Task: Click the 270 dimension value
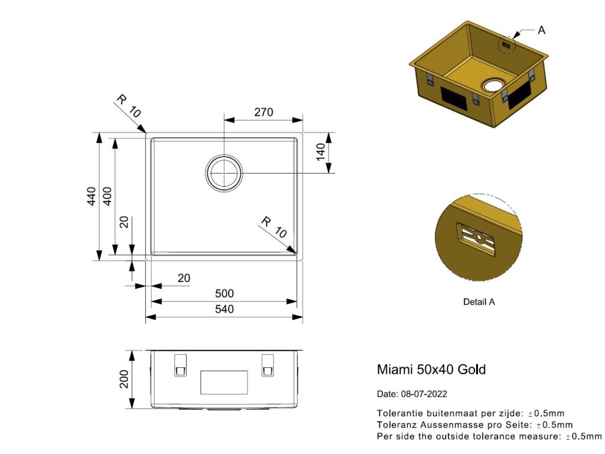click(263, 112)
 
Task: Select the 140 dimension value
click(320, 152)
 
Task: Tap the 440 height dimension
click(91, 196)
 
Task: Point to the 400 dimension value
click(107, 196)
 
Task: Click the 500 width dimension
click(225, 293)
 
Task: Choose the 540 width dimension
click(225, 309)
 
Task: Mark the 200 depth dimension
click(124, 379)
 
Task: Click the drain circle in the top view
click(225, 173)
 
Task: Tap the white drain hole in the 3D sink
click(491, 85)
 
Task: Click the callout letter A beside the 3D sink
click(542, 30)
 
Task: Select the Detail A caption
click(479, 301)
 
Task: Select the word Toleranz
click(396, 424)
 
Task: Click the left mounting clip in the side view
click(180, 365)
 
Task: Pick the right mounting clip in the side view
click(268, 365)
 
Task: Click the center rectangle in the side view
click(224, 382)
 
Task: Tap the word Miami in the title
click(395, 369)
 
